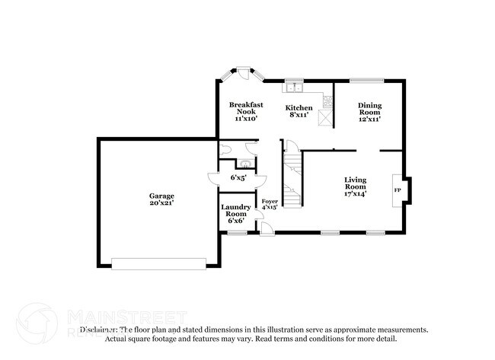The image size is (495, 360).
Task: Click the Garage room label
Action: [161, 196]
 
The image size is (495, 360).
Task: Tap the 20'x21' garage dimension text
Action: [161, 203]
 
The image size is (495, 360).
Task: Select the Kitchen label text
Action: [299, 107]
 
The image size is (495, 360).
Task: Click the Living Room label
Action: [356, 183]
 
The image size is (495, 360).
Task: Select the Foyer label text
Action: [270, 202]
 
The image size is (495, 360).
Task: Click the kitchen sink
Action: [295, 86]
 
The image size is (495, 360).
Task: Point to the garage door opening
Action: [158, 263]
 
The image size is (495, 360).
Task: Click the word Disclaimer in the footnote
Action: [98, 330]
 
